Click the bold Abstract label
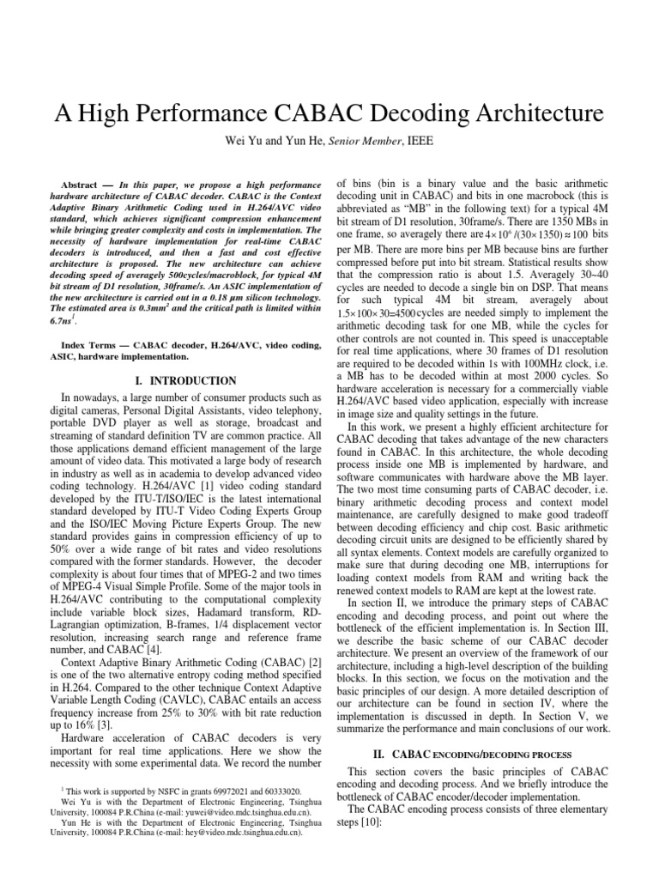(x=81, y=185)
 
